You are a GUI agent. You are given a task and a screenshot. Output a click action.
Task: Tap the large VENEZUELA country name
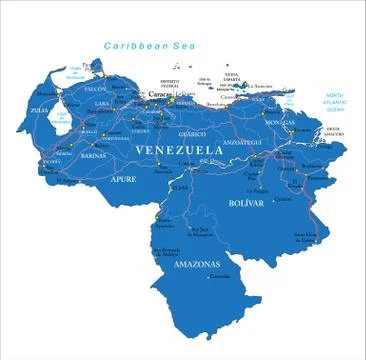tap(177, 150)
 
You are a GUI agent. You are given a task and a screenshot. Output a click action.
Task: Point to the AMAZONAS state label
tap(196, 264)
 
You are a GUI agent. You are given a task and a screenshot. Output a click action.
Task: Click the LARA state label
tap(102, 103)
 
